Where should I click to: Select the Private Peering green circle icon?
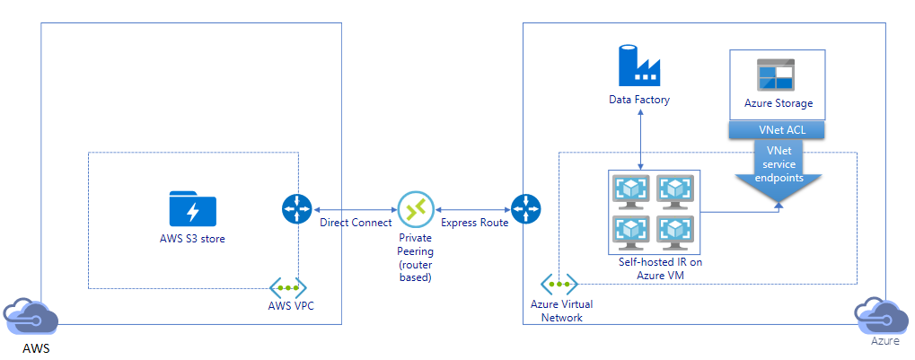pos(415,209)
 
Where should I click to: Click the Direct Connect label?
pos(356,222)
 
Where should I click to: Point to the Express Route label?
pos(475,222)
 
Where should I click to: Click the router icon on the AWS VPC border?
pos(295,209)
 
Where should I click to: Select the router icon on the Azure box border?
pos(524,207)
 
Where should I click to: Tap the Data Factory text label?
pos(639,100)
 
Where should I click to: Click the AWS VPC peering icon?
pos(287,288)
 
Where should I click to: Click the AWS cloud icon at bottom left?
pos(30,318)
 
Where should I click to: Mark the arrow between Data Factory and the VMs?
pos(639,139)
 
